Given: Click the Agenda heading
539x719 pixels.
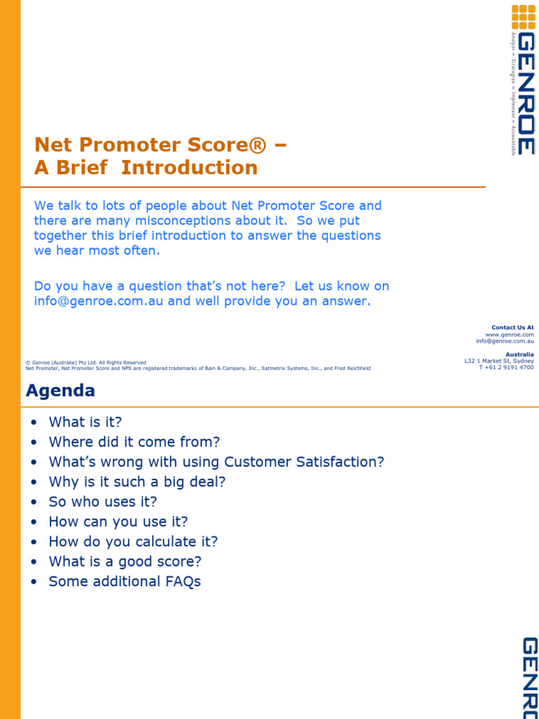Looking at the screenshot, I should tap(60, 390).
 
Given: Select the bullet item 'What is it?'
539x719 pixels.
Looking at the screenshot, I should tap(85, 422).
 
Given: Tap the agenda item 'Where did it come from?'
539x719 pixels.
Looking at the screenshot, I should tap(134, 442).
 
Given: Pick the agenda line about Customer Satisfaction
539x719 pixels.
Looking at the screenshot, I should tap(216, 462).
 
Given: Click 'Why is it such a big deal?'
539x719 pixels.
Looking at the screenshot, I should tap(137, 482).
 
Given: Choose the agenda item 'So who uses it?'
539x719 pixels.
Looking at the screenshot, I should tap(102, 501).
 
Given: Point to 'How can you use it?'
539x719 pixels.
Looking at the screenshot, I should tap(118, 522).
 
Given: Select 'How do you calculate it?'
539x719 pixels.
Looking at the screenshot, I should tap(133, 541).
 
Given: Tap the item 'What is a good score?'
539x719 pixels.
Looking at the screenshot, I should tap(125, 562).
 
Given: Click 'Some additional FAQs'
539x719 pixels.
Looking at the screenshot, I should tap(124, 581).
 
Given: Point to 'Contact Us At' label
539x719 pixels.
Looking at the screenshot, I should tap(512, 327).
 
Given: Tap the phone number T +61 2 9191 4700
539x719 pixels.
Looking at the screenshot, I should tap(506, 367).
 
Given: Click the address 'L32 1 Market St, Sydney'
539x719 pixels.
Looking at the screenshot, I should tap(499, 361).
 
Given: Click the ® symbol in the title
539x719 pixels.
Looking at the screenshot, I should tap(258, 145).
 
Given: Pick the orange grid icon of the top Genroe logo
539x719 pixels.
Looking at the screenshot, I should tap(523, 17).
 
